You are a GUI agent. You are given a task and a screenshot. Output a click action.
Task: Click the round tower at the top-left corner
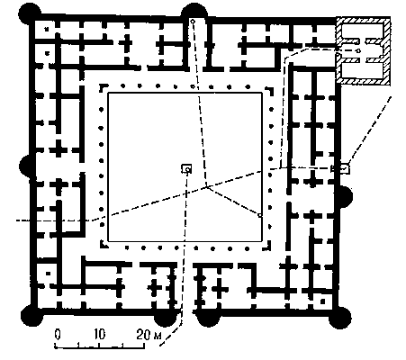30,13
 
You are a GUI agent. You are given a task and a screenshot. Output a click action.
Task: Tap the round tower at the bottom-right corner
339,318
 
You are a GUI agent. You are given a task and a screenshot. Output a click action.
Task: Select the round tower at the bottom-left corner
32,316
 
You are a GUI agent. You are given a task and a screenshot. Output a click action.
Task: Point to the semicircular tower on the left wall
25,166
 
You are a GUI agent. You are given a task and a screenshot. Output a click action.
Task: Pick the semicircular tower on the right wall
346,196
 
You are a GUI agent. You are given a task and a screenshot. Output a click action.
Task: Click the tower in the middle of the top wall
194,12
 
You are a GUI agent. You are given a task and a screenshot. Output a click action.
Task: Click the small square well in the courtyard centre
186,168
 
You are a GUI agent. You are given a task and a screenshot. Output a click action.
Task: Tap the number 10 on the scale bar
99,334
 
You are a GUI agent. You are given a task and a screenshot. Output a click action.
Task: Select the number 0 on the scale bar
58,334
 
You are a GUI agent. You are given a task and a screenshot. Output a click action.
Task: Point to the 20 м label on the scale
149,335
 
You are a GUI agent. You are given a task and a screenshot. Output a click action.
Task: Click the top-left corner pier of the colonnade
102,87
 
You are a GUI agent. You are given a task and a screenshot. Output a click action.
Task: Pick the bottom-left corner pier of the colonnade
104,245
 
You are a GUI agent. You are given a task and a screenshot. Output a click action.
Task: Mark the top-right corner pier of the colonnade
270,90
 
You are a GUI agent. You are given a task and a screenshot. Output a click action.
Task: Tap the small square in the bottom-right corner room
322,301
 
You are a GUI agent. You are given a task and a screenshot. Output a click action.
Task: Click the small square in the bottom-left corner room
48,274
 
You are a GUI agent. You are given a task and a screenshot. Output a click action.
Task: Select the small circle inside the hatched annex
358,50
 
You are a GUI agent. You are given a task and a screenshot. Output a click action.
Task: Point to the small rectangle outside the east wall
340,168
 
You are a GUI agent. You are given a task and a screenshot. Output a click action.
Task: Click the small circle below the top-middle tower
193,22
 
